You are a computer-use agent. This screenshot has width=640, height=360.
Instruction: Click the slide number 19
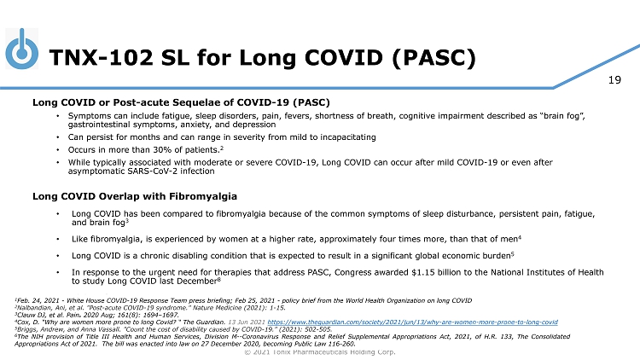click(x=614, y=81)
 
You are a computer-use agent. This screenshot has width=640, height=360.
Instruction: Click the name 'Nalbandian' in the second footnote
click(x=38, y=308)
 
